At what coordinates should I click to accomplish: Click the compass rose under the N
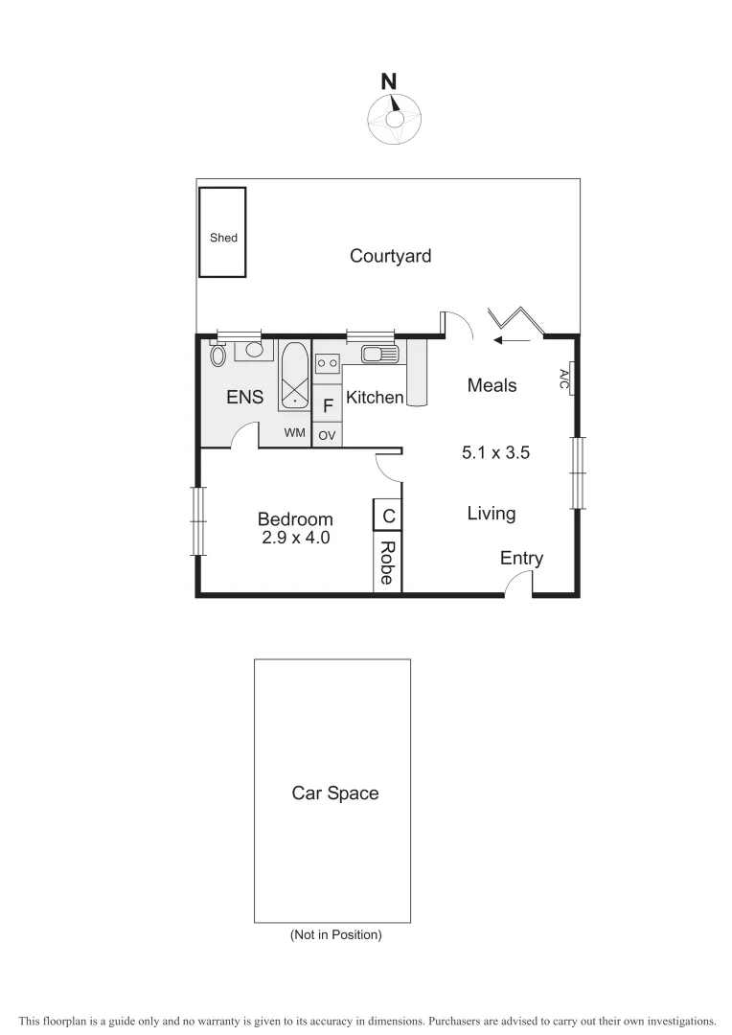393,120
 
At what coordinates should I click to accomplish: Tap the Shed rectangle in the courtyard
222,232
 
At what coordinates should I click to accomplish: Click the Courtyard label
390,256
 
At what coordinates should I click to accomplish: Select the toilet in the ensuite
217,355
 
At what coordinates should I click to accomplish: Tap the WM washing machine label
295,433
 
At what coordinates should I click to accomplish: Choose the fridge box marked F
328,406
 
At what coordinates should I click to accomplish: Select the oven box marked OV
328,435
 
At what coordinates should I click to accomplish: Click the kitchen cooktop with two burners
328,363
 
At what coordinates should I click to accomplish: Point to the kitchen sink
379,356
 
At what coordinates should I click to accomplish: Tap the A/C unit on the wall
566,379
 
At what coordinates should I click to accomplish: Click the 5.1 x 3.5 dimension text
495,453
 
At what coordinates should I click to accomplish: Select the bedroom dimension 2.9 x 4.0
295,539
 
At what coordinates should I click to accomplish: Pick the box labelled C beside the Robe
388,516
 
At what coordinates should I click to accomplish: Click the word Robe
387,563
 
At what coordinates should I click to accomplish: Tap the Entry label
521,559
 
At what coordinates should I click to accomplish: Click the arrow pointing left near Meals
514,338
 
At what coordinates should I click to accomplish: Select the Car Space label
334,793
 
